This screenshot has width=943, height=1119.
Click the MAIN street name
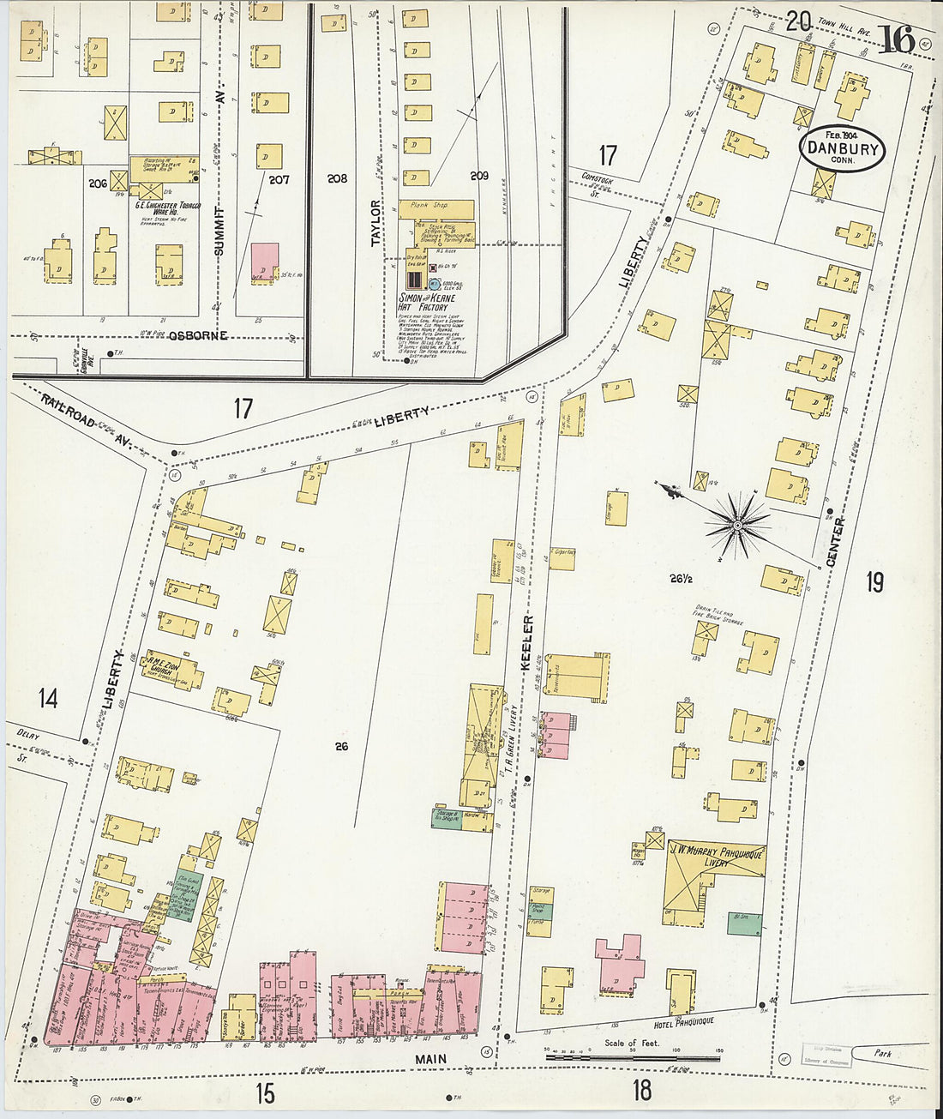point(430,1059)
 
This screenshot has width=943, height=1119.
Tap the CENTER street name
point(836,541)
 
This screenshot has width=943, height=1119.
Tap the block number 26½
point(682,579)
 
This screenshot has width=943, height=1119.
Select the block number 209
point(478,176)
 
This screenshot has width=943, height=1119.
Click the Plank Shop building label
point(435,206)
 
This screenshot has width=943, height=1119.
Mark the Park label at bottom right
point(883,1053)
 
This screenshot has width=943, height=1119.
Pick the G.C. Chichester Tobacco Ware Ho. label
point(163,208)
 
